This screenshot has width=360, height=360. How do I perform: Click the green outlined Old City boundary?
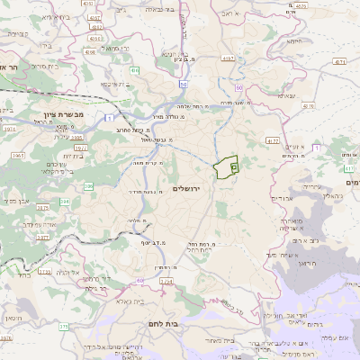[x=227, y=166]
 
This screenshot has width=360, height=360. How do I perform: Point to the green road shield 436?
[x=134, y=69]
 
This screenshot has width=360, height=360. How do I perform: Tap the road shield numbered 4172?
[x=272, y=141]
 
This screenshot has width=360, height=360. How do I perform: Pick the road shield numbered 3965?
[x=18, y=156]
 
